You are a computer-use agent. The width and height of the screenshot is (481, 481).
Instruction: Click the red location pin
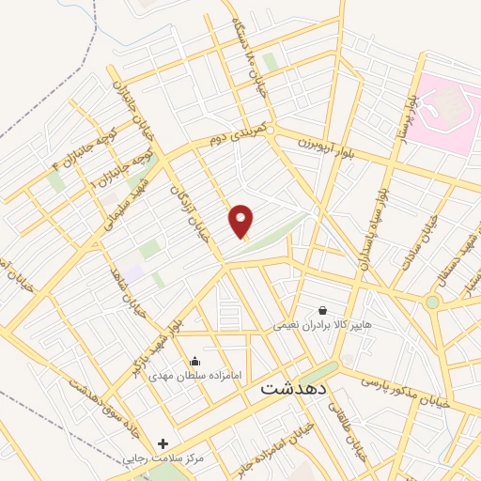tap(241, 221)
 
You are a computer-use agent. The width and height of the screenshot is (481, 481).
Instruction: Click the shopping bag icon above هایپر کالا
tap(323, 310)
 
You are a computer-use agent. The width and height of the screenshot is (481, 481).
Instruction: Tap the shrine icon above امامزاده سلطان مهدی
tap(194, 361)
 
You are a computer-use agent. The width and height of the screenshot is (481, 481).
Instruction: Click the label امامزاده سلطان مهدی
tap(194, 375)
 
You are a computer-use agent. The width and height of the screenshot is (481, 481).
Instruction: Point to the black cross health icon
tap(163, 443)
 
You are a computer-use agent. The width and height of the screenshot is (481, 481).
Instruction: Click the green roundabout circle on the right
tap(432, 303)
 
